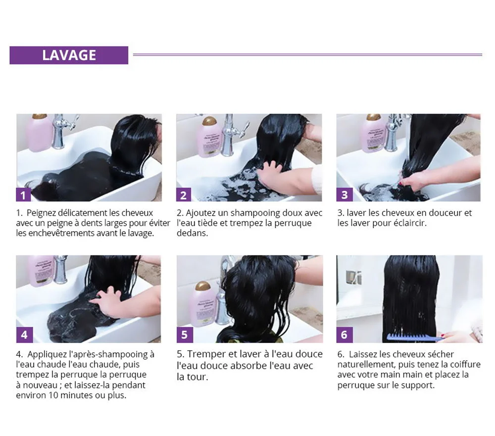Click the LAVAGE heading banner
click(x=69, y=55)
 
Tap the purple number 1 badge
click(x=23, y=195)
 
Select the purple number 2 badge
click(x=184, y=195)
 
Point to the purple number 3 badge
click(x=345, y=195)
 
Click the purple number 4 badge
click(x=24, y=335)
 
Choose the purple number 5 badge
click(x=185, y=335)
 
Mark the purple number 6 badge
click(x=345, y=335)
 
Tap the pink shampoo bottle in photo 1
click(x=38, y=133)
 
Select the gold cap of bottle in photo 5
click(x=202, y=287)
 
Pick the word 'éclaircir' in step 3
click(x=409, y=223)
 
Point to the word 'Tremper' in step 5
click(x=204, y=354)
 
